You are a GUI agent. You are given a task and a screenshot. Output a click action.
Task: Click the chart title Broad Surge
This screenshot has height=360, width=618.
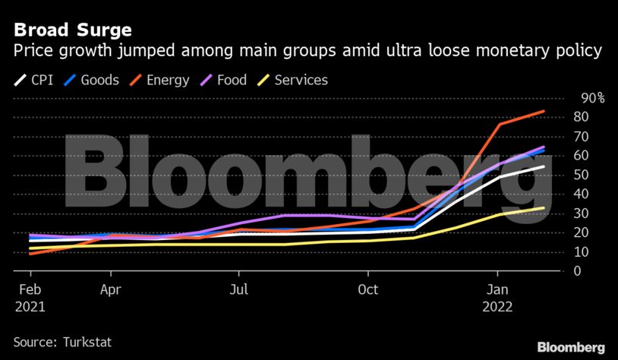pos(72,30)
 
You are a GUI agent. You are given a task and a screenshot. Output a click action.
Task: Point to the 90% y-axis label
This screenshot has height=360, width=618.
pos(592,98)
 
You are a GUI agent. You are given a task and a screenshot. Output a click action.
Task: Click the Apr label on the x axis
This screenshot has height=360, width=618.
pos(111,289)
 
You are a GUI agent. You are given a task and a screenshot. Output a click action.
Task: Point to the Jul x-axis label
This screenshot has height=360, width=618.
pos(239,289)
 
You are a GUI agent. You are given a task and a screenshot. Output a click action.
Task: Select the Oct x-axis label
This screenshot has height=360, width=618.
pos(368,289)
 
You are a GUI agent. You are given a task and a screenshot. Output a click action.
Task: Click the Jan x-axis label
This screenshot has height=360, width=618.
pos(497,289)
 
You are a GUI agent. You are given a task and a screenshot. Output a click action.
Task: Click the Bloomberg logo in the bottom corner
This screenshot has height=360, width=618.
pos(571,346)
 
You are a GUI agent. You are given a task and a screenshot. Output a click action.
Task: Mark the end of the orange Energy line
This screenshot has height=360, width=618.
pos(544,112)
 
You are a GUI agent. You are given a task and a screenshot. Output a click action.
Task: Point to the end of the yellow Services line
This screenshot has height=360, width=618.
pos(544,207)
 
